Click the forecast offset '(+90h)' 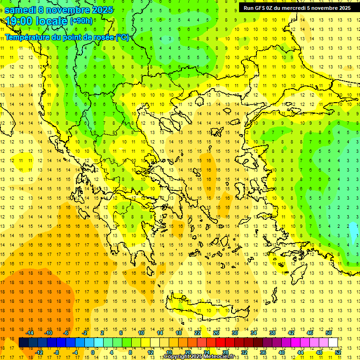(81, 21)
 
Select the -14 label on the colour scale (30, 332)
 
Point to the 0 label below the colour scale (93, 352)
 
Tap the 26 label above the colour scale (216, 332)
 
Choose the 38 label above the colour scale (272, 332)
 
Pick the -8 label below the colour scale (56, 352)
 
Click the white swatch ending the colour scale (333, 342)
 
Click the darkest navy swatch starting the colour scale (23, 342)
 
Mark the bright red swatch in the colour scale (220, 342)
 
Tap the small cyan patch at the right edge (352, 230)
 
